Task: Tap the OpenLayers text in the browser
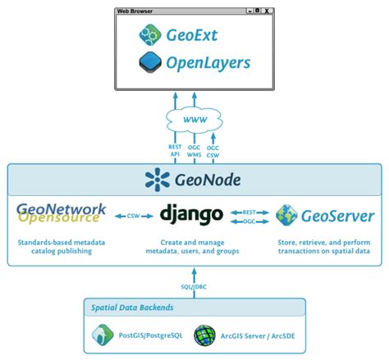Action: [208, 63]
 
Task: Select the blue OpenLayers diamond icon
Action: [150, 62]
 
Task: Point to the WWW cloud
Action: [194, 119]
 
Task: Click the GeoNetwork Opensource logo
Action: [62, 214]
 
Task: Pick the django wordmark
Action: [191, 215]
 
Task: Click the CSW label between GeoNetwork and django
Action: [131, 216]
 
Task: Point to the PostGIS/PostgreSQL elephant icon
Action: [102, 335]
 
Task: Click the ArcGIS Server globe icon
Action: [204, 335]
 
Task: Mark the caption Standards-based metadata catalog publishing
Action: [62, 248]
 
